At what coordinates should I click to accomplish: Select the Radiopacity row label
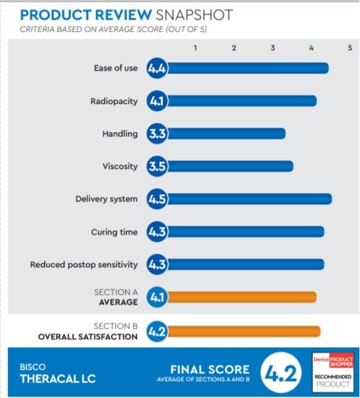[113, 101]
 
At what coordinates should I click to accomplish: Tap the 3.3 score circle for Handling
[156, 134]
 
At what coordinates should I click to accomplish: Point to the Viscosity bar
[226, 166]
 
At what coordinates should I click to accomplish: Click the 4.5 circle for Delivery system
[156, 199]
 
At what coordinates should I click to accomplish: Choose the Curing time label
[114, 232]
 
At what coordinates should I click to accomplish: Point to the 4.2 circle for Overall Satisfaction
[156, 331]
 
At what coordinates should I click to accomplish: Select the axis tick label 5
[349, 47]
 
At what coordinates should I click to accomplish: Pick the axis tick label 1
[195, 47]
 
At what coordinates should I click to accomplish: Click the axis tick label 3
[272, 47]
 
